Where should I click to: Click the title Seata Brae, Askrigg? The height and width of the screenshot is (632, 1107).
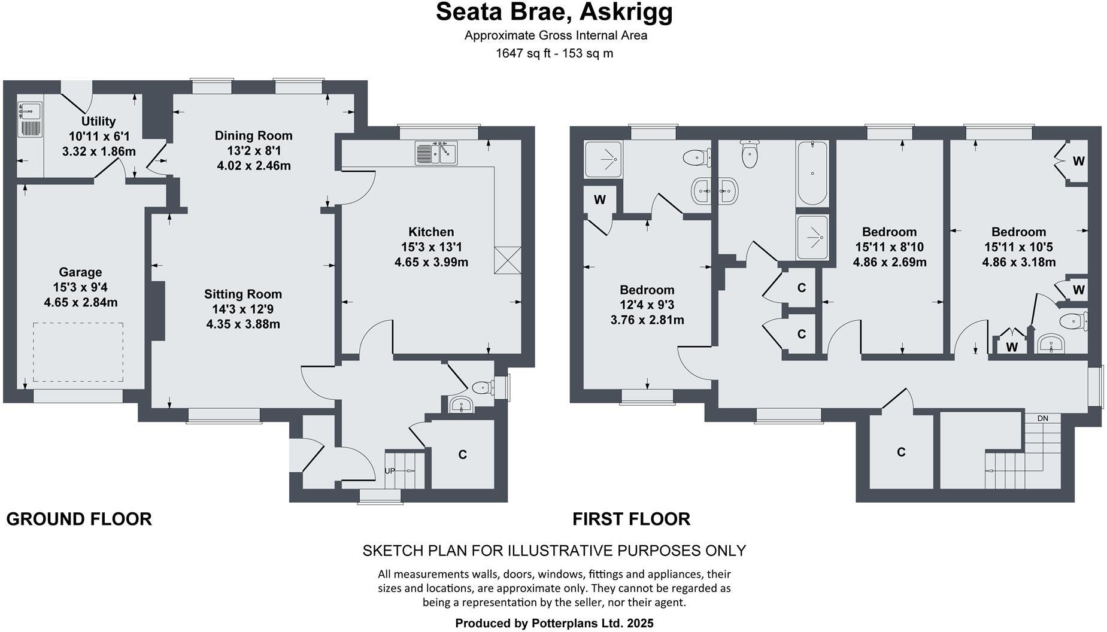coord(554,13)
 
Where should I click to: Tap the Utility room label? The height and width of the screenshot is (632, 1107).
coord(98,121)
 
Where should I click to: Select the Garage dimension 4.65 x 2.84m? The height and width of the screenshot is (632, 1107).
coord(80,302)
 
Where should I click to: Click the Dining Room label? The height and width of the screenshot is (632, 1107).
coord(253,136)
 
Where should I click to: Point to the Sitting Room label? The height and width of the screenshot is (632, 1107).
coord(242,294)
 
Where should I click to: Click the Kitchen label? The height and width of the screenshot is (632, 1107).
coord(431,232)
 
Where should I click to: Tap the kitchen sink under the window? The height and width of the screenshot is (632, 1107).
coord(436,153)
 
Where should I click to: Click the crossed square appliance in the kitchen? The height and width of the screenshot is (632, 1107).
coord(508,260)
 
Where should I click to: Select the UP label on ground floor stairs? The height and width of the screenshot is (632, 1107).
coord(390,471)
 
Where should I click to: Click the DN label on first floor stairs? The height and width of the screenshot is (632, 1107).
coord(1042,418)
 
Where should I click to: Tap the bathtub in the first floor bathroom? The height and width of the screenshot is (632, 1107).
coord(812,173)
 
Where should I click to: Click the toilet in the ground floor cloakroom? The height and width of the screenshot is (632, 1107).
coord(483,388)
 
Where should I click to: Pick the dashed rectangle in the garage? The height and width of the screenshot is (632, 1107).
coord(78,352)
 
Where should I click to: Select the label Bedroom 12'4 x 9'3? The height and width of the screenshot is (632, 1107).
coord(647,290)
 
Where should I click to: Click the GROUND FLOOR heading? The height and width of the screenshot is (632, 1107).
coord(79,519)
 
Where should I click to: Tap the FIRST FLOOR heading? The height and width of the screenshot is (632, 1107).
coord(631,519)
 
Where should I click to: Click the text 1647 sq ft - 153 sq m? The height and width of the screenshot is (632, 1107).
coord(554,53)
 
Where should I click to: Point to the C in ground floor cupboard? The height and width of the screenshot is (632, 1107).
coord(462,455)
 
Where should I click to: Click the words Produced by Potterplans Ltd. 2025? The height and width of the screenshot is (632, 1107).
coord(554,623)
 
